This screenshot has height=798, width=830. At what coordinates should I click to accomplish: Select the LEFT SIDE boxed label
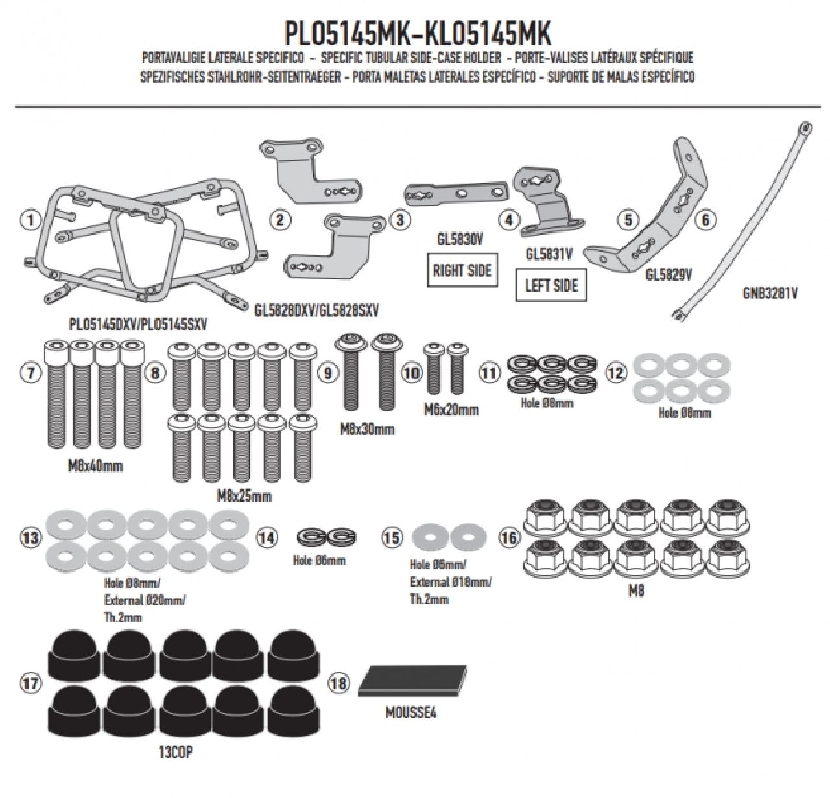pos(551,286)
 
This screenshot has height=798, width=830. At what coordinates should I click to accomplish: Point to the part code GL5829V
pos(669,274)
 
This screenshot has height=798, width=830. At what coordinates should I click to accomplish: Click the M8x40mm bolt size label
pos(95,465)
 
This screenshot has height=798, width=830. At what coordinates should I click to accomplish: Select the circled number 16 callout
pos(509,537)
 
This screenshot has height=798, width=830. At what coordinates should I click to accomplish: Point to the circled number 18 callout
pos(339,683)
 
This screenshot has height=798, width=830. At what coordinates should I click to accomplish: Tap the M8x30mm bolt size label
pos(367,428)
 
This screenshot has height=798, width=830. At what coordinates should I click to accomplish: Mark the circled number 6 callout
pos(705,220)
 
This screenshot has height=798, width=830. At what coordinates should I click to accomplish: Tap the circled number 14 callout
pos(267,537)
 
